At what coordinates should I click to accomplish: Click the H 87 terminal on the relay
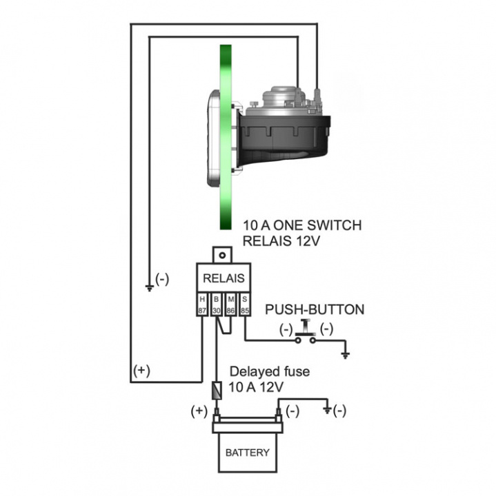click(x=203, y=305)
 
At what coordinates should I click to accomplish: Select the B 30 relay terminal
click(x=217, y=305)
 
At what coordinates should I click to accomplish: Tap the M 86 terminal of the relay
click(x=231, y=305)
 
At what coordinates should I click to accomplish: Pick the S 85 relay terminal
click(x=245, y=305)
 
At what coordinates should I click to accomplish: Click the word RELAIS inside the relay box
click(x=224, y=279)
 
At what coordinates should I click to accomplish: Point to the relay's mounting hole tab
click(x=223, y=255)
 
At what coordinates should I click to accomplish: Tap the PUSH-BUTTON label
click(x=315, y=310)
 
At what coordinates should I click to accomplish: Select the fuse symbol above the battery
click(x=217, y=391)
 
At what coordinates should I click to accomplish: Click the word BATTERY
click(x=248, y=453)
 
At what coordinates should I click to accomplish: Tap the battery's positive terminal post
click(x=216, y=416)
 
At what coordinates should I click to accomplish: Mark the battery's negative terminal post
click(x=279, y=416)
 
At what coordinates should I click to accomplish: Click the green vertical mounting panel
click(x=225, y=138)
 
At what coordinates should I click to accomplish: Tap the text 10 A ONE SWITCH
click(x=302, y=225)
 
